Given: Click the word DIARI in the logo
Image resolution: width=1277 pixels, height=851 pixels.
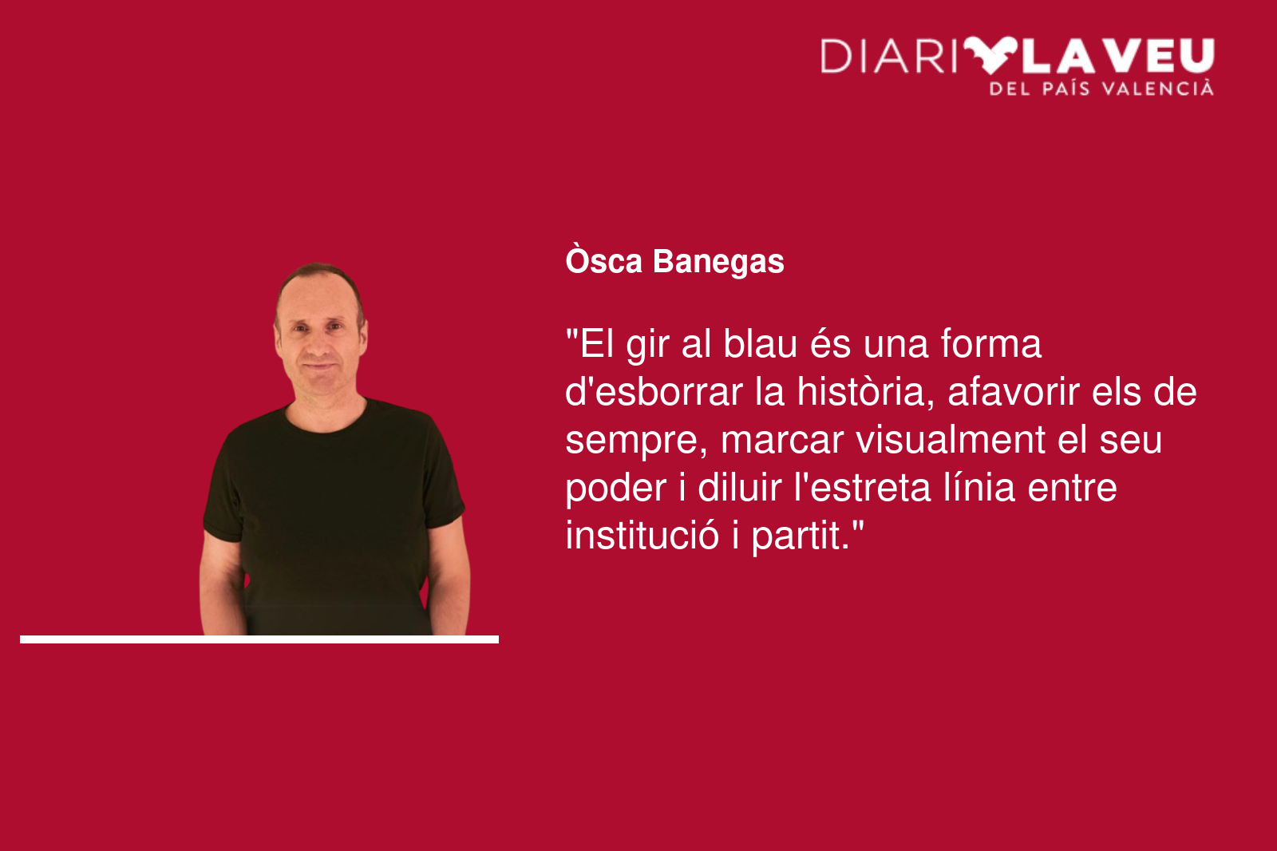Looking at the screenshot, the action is point(889,56).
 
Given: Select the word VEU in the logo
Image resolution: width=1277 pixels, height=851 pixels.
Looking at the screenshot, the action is point(1161,56).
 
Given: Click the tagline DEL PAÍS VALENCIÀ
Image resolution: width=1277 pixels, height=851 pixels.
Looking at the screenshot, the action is point(1101,89).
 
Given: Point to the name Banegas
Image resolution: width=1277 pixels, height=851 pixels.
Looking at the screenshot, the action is point(718,262).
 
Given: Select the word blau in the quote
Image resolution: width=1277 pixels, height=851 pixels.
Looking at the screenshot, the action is point(760,344).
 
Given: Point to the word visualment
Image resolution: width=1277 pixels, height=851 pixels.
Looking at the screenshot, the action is point(951,440).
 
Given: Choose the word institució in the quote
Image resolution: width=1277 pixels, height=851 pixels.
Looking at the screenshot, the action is point(642,536).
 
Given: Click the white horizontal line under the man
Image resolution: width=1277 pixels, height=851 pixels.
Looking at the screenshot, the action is point(259,639).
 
